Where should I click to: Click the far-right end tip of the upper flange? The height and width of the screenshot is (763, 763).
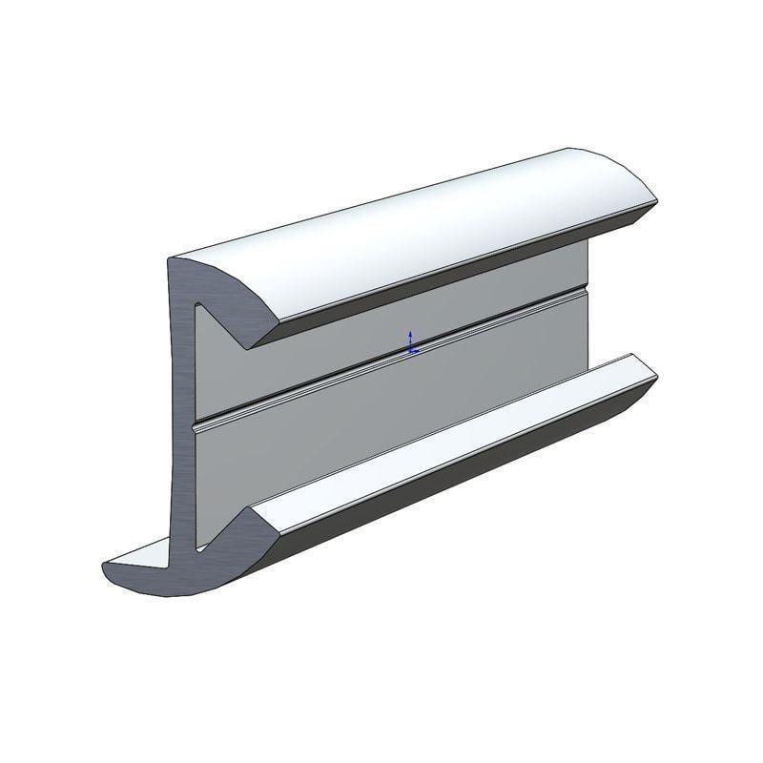click(655, 200)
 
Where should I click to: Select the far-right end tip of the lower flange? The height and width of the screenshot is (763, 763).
click(655, 379)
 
